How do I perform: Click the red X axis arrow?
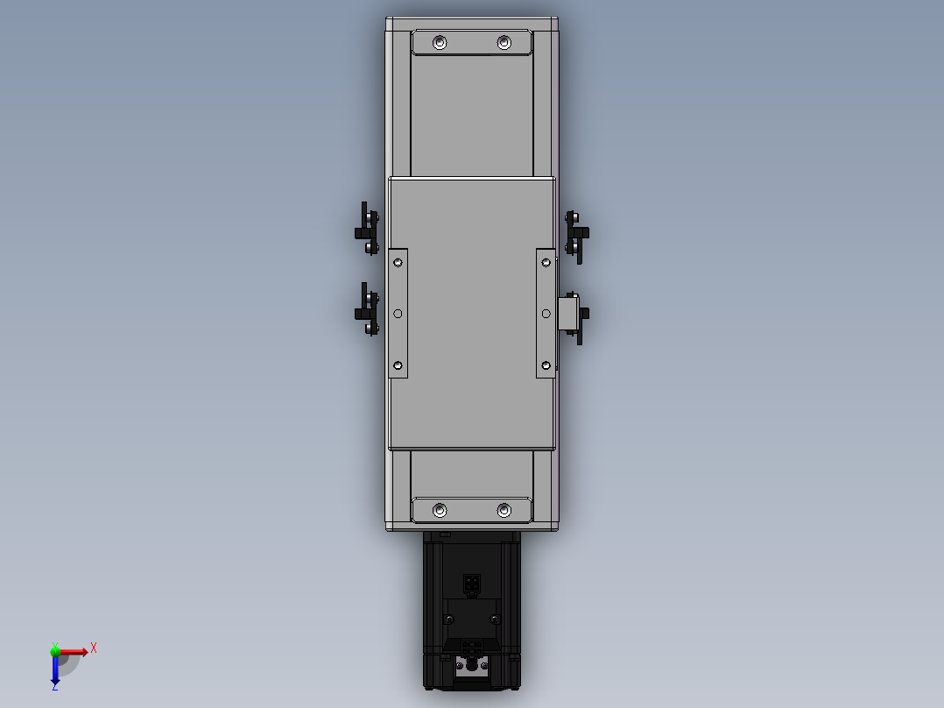[x=75, y=652]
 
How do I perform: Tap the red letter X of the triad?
[x=94, y=648]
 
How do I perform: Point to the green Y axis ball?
[x=55, y=650]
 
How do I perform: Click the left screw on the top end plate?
[x=440, y=42]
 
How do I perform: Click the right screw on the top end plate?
[x=504, y=42]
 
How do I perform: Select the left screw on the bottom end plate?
[x=440, y=510]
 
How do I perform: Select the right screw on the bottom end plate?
[x=504, y=510]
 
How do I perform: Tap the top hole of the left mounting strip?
[x=398, y=261]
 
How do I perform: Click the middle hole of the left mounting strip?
[x=398, y=313]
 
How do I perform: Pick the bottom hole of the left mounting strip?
[x=398, y=365]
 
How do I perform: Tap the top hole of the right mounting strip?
[x=546, y=261]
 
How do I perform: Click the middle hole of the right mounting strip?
[x=546, y=313]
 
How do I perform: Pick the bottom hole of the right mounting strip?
[x=546, y=365]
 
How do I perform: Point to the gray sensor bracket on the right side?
[x=567, y=313]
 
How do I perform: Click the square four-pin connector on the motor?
[x=471, y=583]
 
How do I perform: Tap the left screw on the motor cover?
[x=449, y=619]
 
